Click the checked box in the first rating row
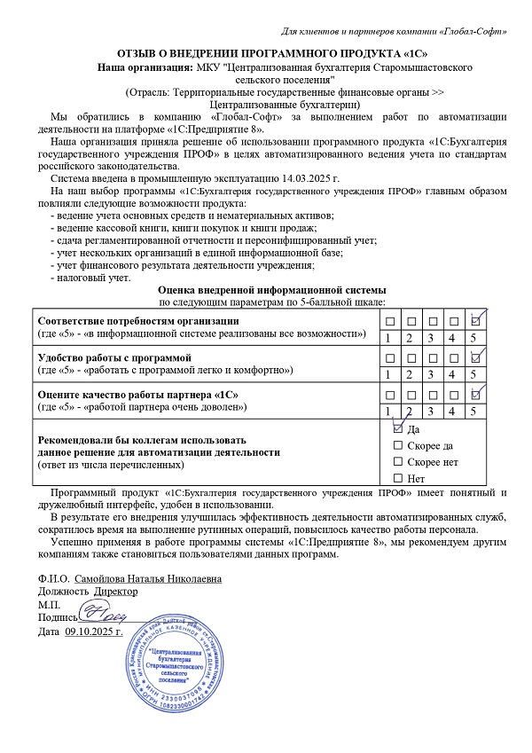point(476,320)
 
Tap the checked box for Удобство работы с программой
point(476,357)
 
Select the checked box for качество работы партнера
point(476,394)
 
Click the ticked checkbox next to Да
point(397,428)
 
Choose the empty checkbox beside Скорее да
point(397,445)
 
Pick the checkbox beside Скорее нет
point(397,462)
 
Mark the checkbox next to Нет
point(397,479)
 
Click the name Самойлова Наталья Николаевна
point(147,578)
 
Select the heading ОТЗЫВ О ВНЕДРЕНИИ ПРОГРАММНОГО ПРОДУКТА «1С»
point(265,53)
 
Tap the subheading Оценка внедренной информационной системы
point(271,290)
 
